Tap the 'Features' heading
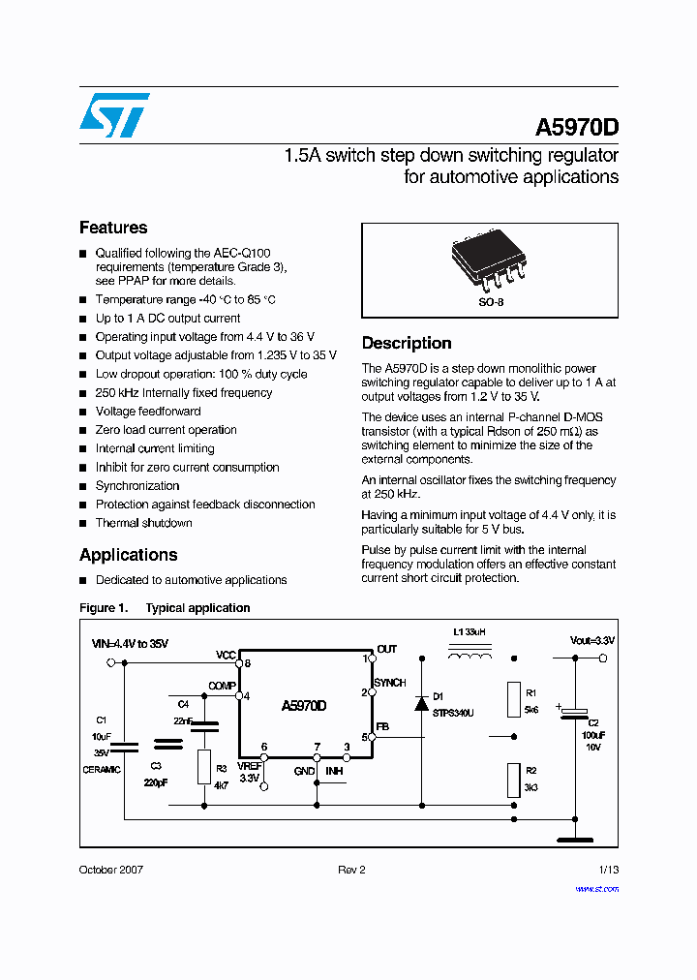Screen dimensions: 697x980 pos(113,229)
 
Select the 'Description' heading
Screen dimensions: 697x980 pos(407,344)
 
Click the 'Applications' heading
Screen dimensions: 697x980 pos(128,556)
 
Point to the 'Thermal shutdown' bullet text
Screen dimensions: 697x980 pos(143,524)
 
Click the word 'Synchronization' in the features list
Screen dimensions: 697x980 pos(137,486)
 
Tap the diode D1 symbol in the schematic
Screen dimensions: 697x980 pos(422,703)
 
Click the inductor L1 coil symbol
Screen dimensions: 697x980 pos(470,654)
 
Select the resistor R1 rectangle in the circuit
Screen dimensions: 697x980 pos(514,699)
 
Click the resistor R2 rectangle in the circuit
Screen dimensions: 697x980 pos(514,780)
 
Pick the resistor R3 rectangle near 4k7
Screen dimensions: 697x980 pos(204,766)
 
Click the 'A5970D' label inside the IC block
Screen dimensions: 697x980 pos(304,706)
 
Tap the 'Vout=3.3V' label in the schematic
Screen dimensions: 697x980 pos(591,640)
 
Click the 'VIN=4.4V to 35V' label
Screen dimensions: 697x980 pos(130,643)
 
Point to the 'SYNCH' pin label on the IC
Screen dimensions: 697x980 pos(389,683)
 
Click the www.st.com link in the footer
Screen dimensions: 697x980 pos(597,889)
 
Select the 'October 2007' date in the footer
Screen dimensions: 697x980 pos(111,870)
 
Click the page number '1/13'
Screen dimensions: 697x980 pos(608,870)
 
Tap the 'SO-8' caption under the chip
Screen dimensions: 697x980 pos(491,302)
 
